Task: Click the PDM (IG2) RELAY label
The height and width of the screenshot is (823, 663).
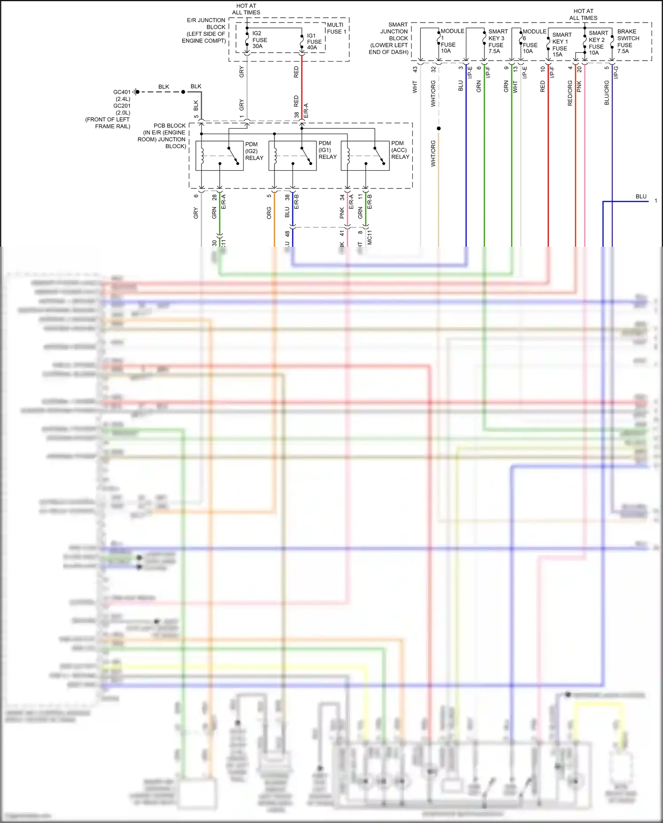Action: (254, 151)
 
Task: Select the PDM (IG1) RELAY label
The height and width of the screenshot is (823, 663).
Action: (327, 150)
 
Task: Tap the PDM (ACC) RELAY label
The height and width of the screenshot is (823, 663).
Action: (400, 150)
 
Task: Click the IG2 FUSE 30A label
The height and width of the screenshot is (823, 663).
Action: (259, 40)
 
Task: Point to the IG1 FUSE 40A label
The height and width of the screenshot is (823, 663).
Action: (314, 42)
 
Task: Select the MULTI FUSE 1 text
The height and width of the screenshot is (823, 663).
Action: (336, 28)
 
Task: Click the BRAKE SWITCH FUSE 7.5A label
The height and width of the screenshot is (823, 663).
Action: (628, 42)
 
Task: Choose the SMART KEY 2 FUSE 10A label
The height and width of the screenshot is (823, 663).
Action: (598, 43)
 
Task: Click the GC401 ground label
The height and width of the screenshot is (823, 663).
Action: (122, 92)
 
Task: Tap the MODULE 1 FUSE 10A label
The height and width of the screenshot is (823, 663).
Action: (451, 41)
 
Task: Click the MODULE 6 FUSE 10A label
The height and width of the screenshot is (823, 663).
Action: (533, 41)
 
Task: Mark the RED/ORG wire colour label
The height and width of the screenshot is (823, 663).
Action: (570, 93)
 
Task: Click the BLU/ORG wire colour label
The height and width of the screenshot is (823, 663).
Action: (607, 93)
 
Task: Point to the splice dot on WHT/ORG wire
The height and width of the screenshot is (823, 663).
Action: (438, 129)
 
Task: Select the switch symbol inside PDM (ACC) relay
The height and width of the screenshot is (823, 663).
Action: (379, 156)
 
